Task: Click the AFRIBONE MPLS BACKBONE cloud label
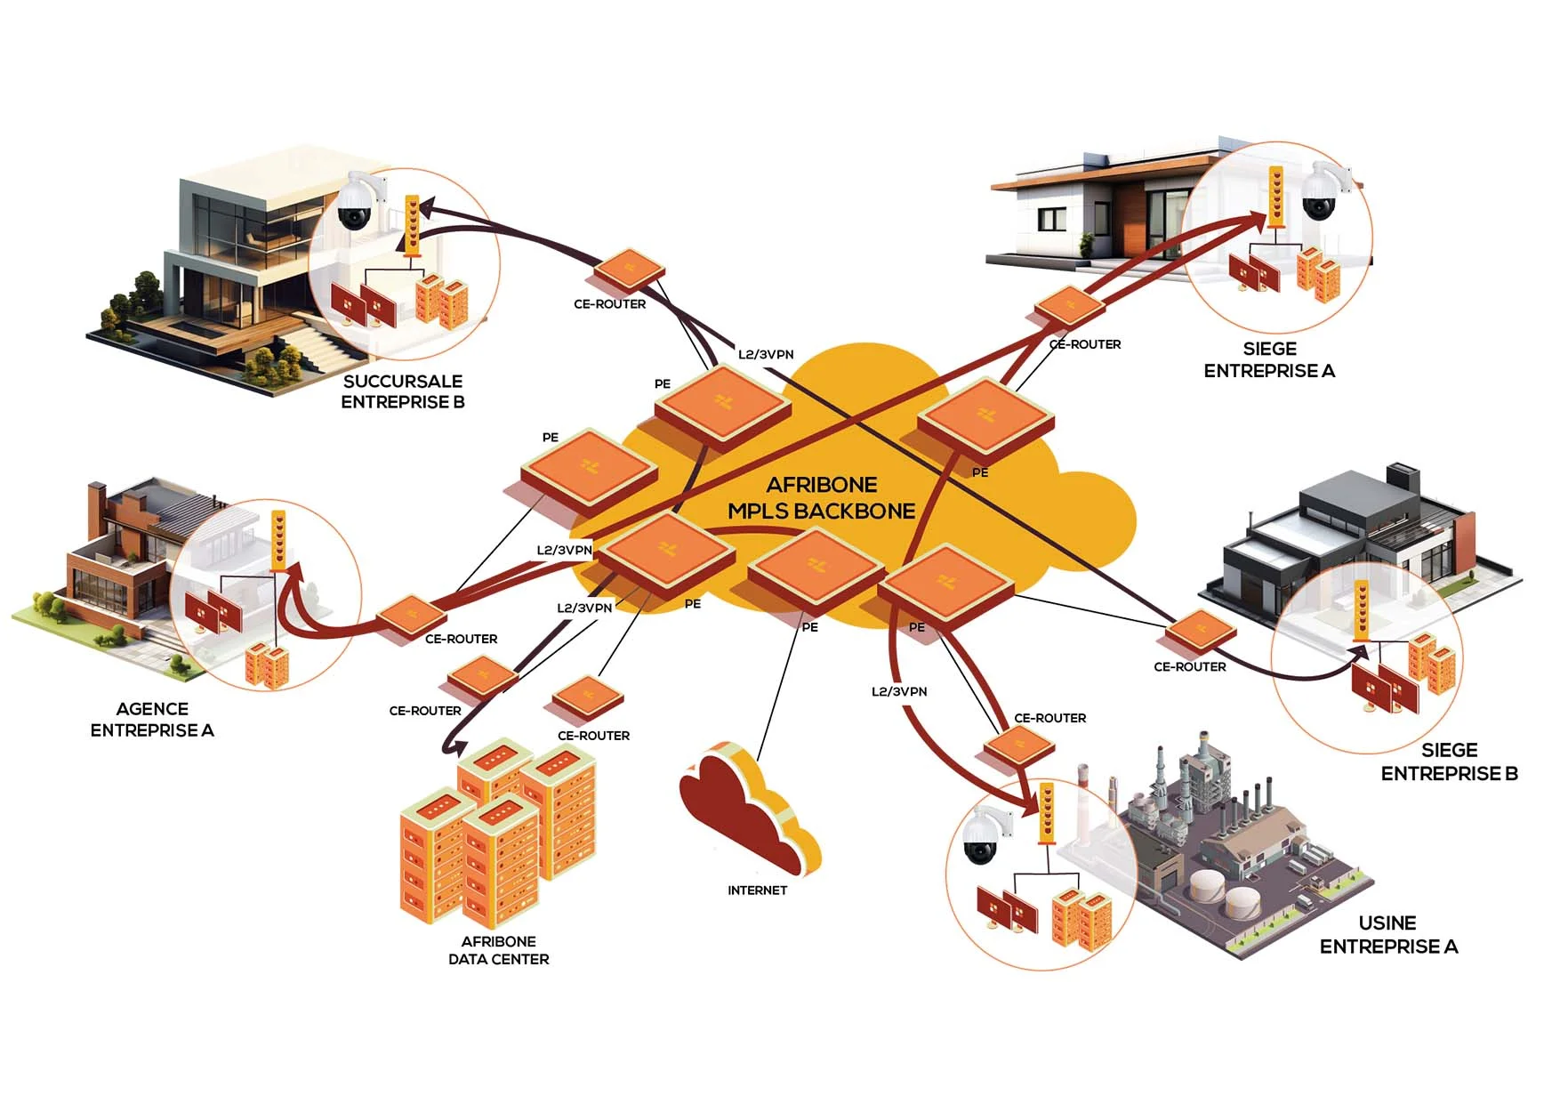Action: [x=821, y=498]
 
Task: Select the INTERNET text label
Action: [x=757, y=890]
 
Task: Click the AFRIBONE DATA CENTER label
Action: [x=498, y=950]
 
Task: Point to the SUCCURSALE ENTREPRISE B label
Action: [x=403, y=391]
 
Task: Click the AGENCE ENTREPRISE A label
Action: [x=152, y=720]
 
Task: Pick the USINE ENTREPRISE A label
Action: [x=1388, y=934]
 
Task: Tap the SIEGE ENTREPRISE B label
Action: [x=1449, y=762]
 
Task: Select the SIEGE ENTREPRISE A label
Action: [x=1269, y=359]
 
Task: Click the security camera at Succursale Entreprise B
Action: [x=359, y=203]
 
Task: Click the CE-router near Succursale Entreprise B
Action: [x=629, y=270]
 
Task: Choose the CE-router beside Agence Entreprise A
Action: [x=411, y=616]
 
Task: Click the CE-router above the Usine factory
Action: [x=1017, y=745]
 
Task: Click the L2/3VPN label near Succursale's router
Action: [x=766, y=354]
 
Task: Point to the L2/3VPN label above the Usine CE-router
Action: [x=899, y=691]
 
